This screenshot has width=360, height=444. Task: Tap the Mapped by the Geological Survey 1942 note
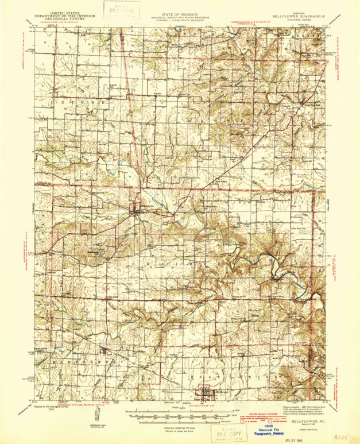click(x=45, y=408)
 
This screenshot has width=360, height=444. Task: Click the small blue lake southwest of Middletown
click(x=101, y=252)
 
